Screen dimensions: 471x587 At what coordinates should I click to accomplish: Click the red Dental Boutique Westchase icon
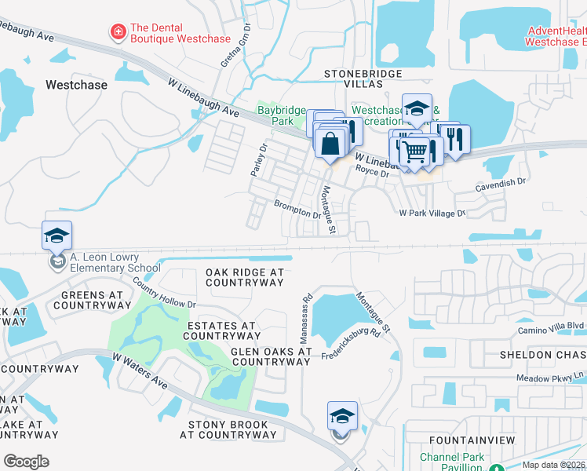coord(118,32)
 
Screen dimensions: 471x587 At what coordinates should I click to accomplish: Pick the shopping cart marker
coord(417,150)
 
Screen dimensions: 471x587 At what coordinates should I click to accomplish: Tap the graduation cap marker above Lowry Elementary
coord(57,235)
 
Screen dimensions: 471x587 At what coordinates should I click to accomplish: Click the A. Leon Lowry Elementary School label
coord(104,262)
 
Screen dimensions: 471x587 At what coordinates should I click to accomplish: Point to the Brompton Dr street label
coord(297,209)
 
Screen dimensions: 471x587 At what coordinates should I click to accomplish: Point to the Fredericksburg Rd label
coord(351,344)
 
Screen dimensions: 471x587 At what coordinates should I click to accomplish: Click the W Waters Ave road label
coord(140,371)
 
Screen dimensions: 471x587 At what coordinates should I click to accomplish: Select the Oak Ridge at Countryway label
coord(244,276)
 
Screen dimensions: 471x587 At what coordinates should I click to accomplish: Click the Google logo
coord(26,461)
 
